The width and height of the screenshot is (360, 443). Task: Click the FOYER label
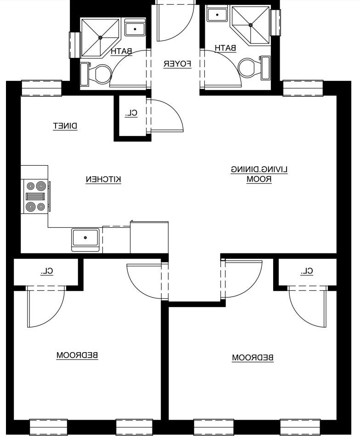coord(177,64)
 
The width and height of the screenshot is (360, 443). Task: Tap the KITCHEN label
coord(103,179)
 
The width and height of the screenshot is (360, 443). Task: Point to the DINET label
coord(65,126)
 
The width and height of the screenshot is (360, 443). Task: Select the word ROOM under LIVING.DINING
coord(259,179)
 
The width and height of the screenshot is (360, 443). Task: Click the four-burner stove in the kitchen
coord(35,196)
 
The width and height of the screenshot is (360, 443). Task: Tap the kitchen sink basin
coord(85,238)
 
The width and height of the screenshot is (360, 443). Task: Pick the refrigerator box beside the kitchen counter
coord(149,237)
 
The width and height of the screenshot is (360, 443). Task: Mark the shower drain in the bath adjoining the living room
coord(251,25)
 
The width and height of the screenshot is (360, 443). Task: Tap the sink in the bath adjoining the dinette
coord(135,29)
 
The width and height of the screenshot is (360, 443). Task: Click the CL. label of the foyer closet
coord(131,113)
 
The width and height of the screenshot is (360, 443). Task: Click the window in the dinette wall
coord(41,88)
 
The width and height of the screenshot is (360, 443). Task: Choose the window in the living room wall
coord(303,88)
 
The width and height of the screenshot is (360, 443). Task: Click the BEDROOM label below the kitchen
coord(78,355)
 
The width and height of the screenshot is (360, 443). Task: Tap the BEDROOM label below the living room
coord(253,358)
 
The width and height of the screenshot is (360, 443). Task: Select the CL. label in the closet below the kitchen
coord(47,271)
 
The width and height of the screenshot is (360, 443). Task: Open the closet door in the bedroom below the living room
coord(308,307)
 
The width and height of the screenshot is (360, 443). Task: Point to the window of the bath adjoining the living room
coord(275,22)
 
